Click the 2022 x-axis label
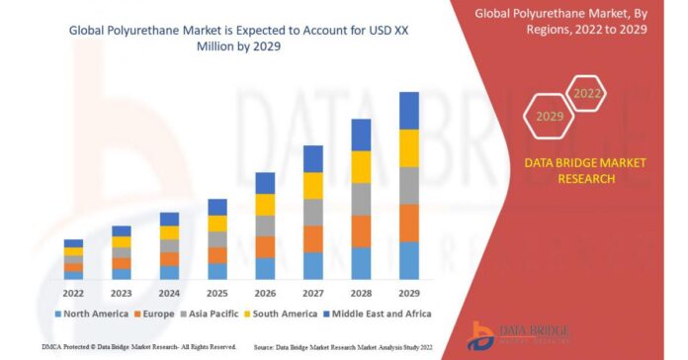click(73, 294)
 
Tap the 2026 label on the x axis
click(265, 294)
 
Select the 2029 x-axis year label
click(408, 294)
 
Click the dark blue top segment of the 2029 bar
click(408, 111)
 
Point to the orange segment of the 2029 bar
click(408, 223)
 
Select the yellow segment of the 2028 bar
click(361, 166)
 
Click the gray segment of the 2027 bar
click(312, 212)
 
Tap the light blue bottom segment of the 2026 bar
click(265, 268)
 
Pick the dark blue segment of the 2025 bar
click(216, 207)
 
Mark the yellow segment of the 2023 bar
click(122, 241)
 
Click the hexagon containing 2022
click(586, 94)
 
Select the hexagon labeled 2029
click(549, 117)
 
